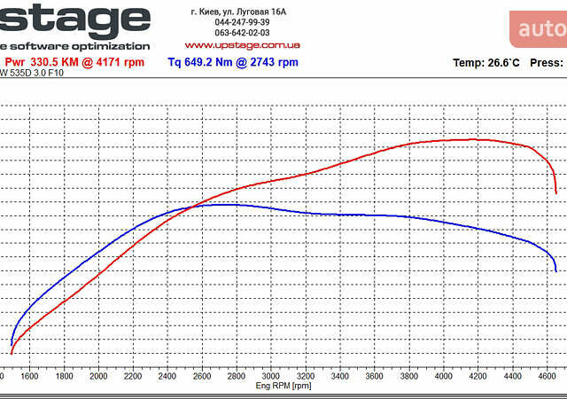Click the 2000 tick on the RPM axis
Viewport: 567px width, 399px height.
98,376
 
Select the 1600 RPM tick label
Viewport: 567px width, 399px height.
29,376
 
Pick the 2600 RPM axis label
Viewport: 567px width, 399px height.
201,376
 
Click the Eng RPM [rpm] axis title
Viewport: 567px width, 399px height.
283,387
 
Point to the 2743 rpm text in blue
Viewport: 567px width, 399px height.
276,62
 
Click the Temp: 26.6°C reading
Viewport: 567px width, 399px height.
486,63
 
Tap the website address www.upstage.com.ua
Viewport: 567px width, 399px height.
242,44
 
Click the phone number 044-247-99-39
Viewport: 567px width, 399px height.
242,22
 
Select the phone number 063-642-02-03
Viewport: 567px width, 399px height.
242,33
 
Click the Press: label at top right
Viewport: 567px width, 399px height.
547,63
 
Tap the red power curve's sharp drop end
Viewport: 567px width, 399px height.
555,191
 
